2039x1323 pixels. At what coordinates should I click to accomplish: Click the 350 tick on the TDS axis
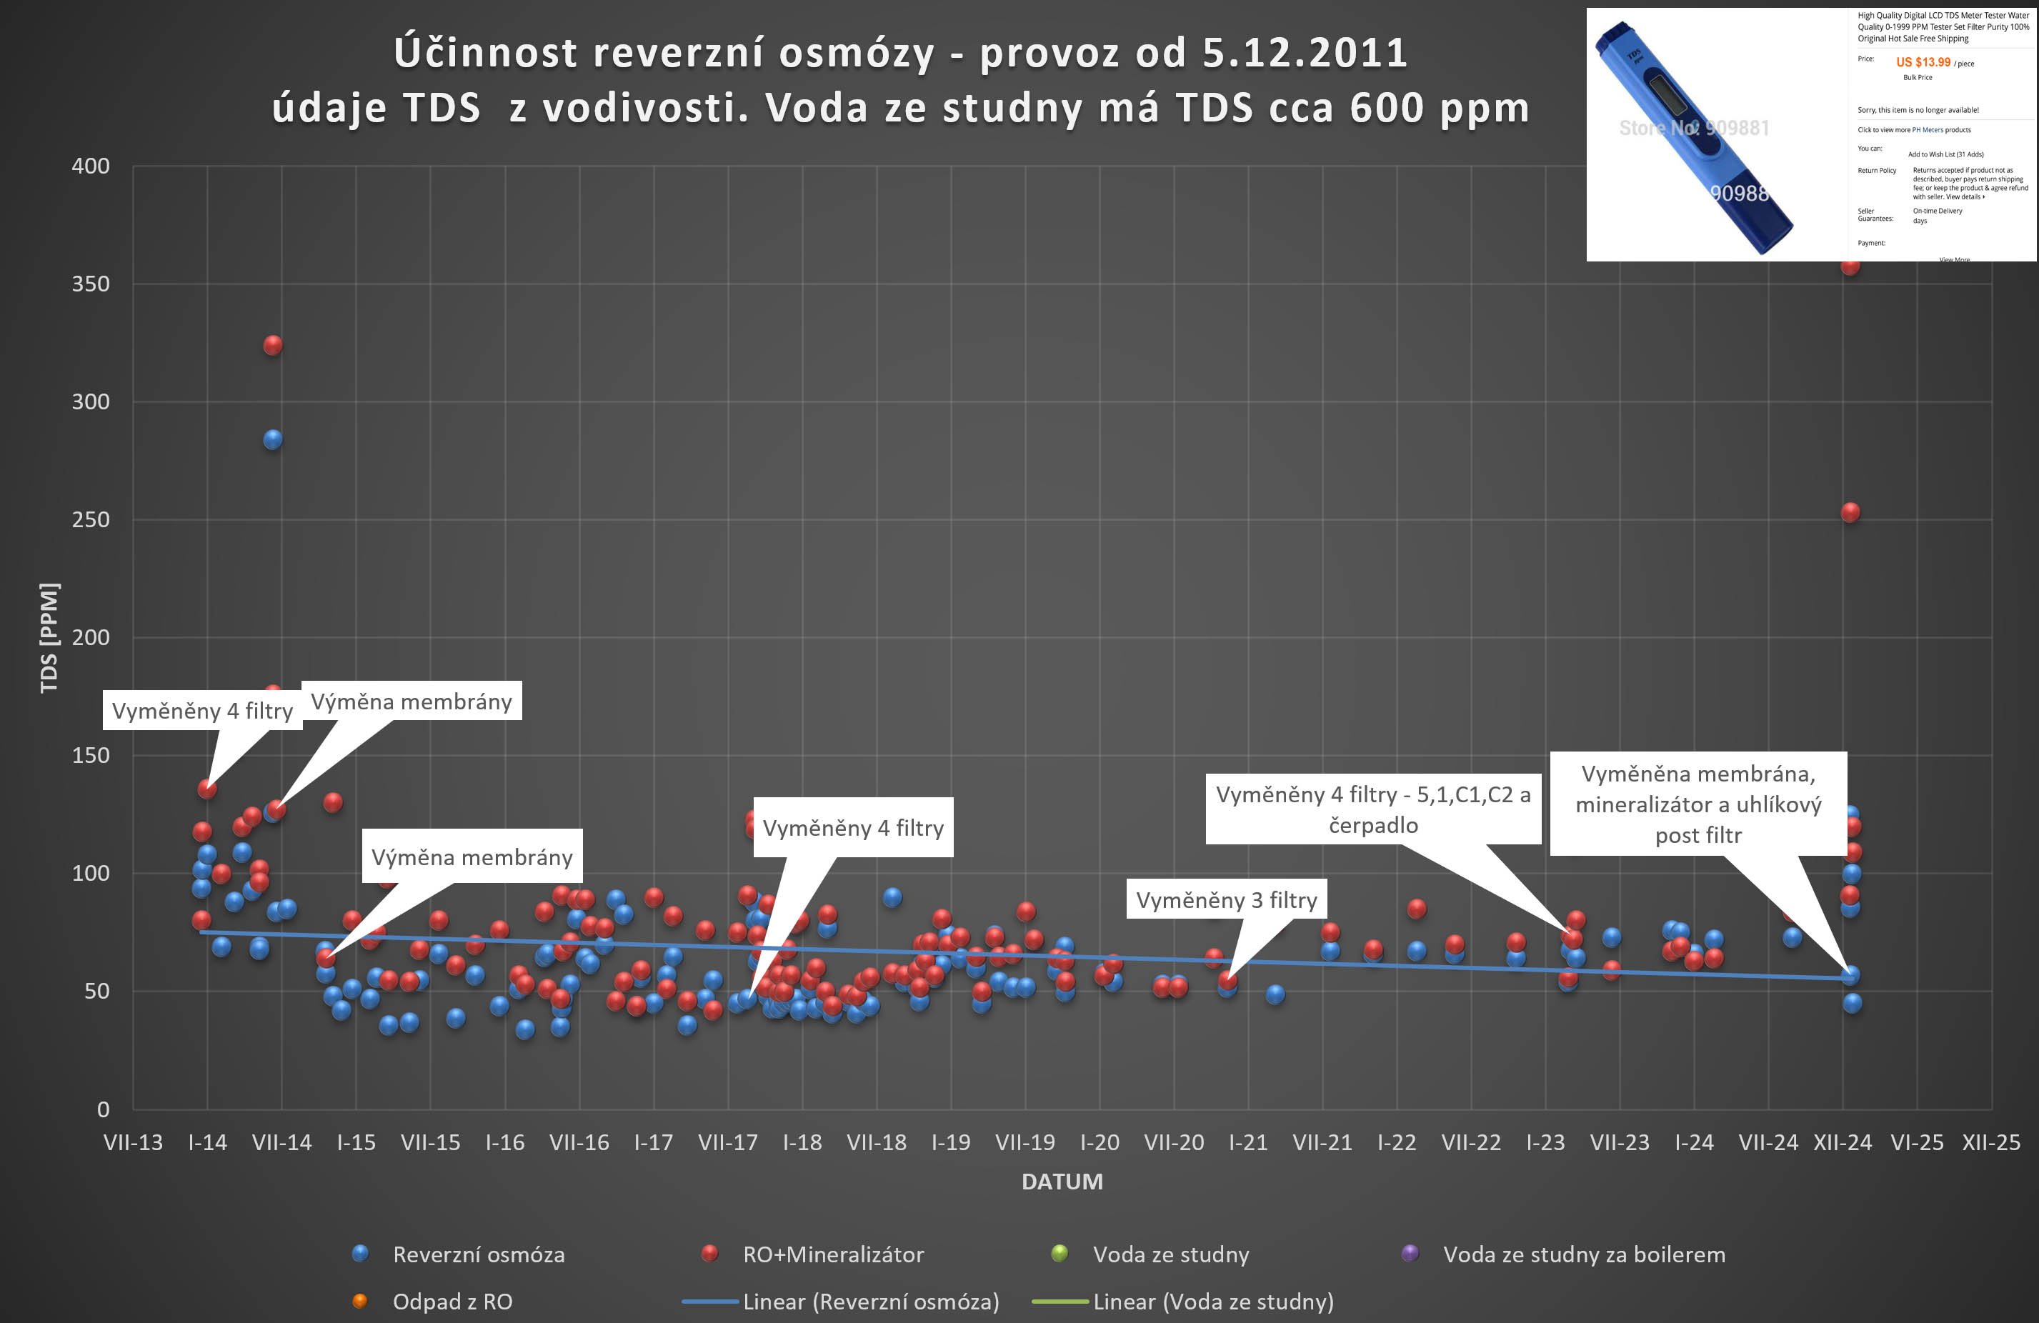pos(91,284)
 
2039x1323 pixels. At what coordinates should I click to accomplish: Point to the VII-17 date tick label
pos(727,1142)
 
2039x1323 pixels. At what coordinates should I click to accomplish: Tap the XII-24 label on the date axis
pos(1842,1142)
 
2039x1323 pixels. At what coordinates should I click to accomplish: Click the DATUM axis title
pos(1062,1182)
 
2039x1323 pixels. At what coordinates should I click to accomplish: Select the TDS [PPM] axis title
pos(50,637)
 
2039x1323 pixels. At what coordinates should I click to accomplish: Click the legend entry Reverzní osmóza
pos(478,1254)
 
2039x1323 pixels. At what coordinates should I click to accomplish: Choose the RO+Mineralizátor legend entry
pos(833,1254)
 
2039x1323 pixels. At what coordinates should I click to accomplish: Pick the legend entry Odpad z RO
pos(452,1302)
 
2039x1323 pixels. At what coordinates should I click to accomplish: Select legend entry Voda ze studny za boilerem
pos(1583,1254)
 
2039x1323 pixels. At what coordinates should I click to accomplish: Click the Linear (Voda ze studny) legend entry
pos(1212,1302)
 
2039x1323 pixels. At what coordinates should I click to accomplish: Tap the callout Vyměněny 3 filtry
pos(1226,899)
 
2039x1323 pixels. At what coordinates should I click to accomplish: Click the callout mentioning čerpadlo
pos(1372,810)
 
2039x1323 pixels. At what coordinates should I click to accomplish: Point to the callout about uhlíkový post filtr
pos(1698,804)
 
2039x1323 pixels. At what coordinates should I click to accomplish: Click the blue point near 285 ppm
pos(272,439)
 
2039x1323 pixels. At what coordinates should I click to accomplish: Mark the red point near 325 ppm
pos(272,345)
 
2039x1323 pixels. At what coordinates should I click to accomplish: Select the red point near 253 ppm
pos(1850,512)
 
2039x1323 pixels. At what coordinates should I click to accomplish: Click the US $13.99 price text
pos(1923,63)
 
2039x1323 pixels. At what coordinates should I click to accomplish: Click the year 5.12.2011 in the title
pos(1305,53)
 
